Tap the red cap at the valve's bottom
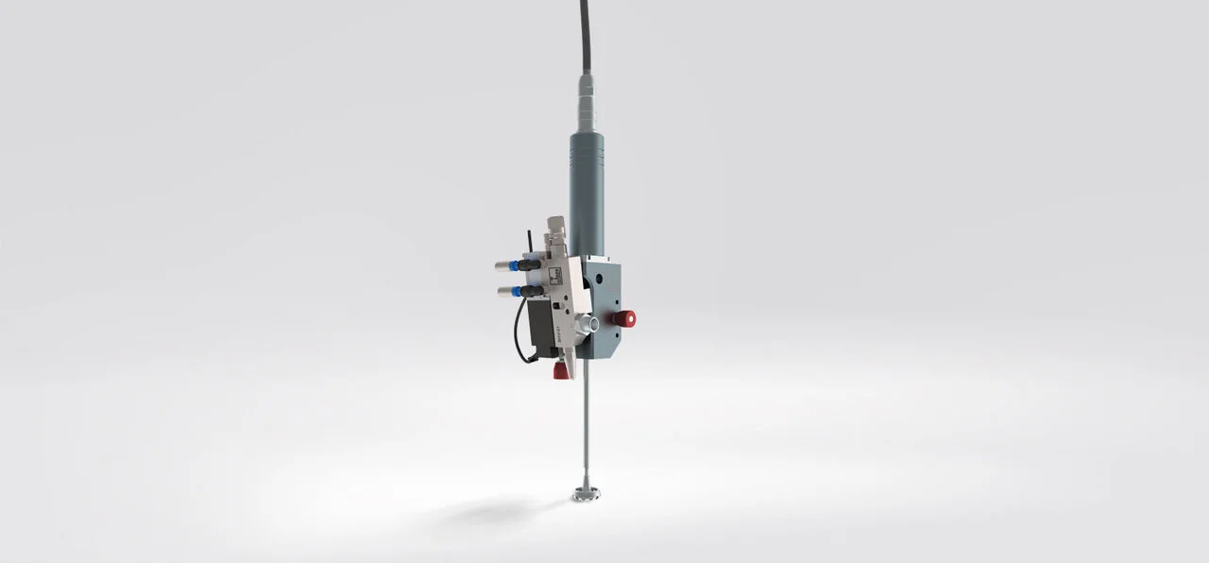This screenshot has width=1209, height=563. tap(561, 371)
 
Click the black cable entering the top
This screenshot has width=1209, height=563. tap(585, 38)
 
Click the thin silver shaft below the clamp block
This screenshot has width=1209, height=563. tap(587, 425)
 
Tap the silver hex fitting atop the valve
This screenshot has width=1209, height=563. tap(557, 231)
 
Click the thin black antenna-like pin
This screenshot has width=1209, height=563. tap(529, 240)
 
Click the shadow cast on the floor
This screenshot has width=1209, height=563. tap(491, 511)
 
